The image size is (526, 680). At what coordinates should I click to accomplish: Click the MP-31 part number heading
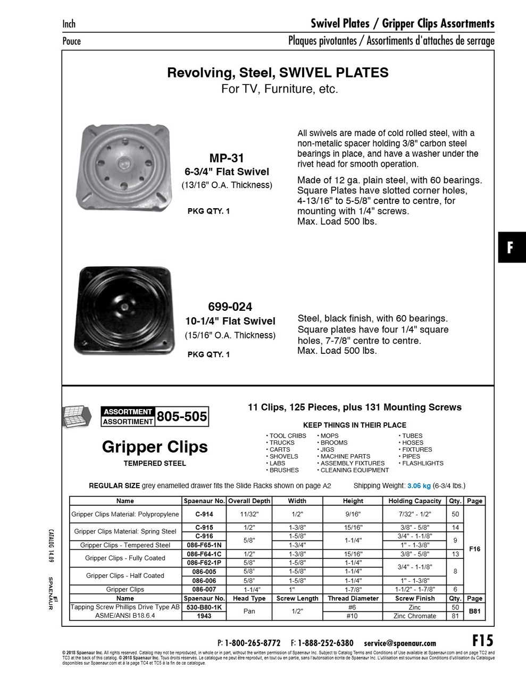(227, 158)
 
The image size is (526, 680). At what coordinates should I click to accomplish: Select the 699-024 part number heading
(230, 307)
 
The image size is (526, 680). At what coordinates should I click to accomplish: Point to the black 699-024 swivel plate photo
(124, 310)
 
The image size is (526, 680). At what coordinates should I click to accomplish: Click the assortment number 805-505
(182, 416)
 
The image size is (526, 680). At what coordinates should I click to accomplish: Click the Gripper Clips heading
(155, 447)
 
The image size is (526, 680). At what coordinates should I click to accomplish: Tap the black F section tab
(511, 247)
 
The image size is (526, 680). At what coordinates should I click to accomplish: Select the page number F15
(482, 640)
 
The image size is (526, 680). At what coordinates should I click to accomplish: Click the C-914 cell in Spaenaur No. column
(204, 514)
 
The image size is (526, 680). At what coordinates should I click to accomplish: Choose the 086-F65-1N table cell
(204, 545)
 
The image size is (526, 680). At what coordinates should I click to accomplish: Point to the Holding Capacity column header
(415, 501)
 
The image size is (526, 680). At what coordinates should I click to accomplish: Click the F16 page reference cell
(474, 549)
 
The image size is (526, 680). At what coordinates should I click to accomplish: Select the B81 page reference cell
(474, 611)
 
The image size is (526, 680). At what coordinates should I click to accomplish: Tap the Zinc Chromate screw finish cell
(415, 616)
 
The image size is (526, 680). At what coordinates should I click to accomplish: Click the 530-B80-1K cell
(204, 607)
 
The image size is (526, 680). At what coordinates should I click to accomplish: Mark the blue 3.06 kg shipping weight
(419, 486)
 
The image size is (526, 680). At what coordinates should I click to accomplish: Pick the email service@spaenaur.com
(400, 643)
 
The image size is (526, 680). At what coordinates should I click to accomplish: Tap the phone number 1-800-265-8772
(253, 643)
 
